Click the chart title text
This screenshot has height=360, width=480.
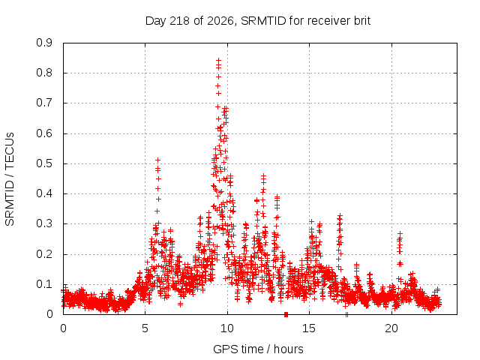pos(258,21)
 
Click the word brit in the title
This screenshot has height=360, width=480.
pos(362,20)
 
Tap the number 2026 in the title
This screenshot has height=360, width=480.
pos(220,21)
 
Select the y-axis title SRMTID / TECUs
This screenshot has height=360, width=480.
pos(10,179)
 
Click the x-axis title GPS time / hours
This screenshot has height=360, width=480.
pos(258,349)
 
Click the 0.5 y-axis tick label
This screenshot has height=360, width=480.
pos(44,163)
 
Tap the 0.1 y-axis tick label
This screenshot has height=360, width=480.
pos(44,284)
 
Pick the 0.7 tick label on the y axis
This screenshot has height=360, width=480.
pos(44,103)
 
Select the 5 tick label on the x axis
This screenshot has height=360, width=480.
pos(145,328)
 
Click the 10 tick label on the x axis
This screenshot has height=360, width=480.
pos(226,328)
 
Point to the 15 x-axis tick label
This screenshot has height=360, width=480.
pos(309,328)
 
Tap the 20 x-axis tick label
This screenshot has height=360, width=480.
pos(391,328)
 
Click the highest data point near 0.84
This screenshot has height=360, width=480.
pos(218,60)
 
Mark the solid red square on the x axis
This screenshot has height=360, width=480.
pos(286,314)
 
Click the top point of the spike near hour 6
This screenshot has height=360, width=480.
pos(158,160)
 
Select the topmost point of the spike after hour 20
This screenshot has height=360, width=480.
pos(400,234)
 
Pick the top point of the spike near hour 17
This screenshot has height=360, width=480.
pos(340,216)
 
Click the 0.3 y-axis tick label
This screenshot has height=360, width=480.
pos(44,223)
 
